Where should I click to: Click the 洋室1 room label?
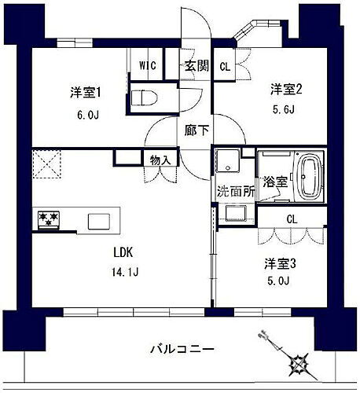pos(87,93)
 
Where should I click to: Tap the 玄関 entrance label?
pos(197,66)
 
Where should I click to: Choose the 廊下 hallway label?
pos(197,131)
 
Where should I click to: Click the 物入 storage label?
pos(160,158)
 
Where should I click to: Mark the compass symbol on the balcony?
pos(297,362)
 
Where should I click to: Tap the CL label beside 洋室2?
pos(225,66)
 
